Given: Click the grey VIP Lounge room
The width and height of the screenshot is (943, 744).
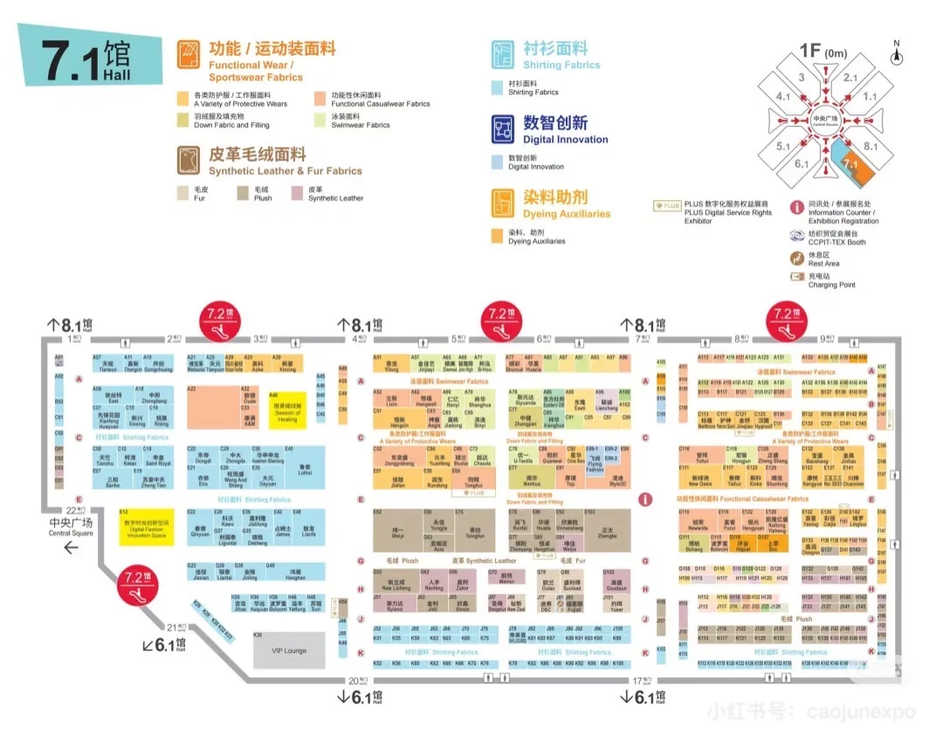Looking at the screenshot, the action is point(289,651).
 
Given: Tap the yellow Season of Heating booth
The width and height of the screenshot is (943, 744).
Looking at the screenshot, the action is point(287,411).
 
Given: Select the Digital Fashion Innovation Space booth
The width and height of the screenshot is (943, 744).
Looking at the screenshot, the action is point(147,527).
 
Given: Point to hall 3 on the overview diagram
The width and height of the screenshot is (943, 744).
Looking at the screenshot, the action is point(801,77).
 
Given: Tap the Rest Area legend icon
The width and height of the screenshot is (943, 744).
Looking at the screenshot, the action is point(796,258).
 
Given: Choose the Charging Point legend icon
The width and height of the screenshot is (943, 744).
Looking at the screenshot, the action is point(796,277).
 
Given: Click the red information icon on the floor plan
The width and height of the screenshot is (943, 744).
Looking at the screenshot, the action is point(645,499).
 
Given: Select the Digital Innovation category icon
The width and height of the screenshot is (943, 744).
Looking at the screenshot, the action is point(502,129).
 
